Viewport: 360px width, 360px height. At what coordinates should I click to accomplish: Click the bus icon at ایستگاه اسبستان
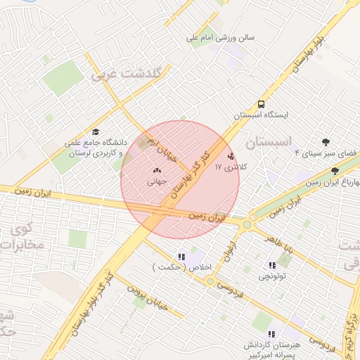coord(262,102)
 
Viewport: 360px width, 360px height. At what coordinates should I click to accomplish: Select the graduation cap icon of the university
coord(96,131)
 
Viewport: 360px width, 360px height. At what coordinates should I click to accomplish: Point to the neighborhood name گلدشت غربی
coord(127,74)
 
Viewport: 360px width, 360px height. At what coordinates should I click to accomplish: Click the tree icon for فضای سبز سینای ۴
coord(326,142)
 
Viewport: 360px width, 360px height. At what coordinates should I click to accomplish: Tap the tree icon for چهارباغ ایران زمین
coord(335,171)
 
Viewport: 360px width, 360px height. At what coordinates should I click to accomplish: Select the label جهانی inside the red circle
coord(156,181)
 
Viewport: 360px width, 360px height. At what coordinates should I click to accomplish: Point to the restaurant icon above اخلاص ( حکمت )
coord(181,257)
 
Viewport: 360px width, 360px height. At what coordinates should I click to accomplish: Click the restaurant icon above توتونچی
coord(271,265)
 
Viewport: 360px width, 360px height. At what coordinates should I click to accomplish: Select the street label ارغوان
coord(230,252)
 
